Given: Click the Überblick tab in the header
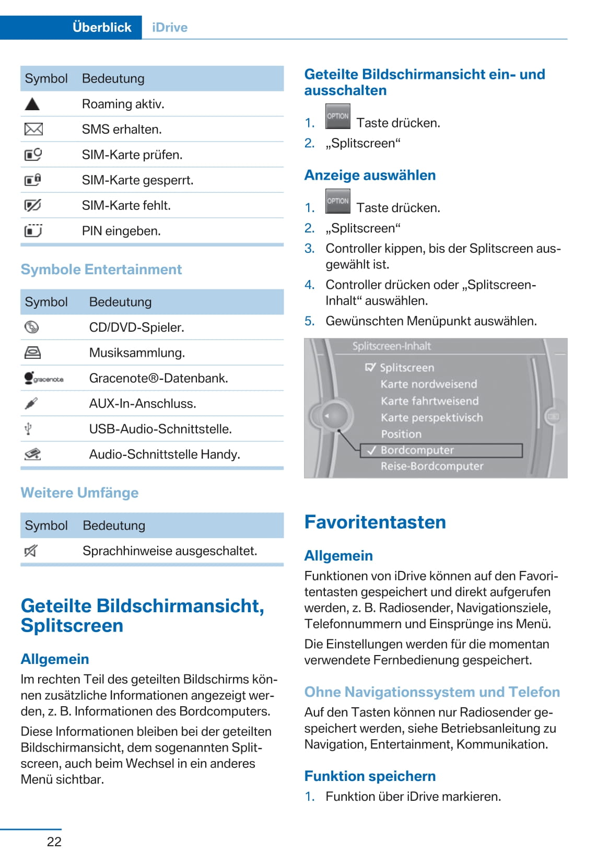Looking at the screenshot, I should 102,27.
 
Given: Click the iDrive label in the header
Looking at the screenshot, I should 169,27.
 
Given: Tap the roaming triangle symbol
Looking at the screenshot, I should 32,104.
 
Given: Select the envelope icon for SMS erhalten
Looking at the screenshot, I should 33,129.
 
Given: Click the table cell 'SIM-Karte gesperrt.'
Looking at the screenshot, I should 137,180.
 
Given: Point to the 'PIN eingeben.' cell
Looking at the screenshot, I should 121,231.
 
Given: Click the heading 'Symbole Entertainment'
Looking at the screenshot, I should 101,270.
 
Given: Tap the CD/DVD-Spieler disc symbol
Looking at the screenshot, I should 32,328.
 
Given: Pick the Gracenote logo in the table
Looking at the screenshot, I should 44,378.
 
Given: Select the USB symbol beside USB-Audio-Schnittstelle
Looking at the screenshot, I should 29,429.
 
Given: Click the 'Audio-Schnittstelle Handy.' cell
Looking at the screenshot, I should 165,454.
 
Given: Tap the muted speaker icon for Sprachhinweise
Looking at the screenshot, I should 31,551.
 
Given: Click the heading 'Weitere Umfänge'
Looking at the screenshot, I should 79,493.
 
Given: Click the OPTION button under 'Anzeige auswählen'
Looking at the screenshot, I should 337,202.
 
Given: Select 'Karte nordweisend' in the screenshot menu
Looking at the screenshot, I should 428,384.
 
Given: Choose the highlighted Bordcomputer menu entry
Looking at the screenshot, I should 417,450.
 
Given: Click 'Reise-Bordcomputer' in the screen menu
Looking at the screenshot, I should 431,466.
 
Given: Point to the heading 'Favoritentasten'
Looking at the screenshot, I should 374,522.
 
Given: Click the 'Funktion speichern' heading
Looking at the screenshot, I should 369,776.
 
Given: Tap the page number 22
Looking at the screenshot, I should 54,842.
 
